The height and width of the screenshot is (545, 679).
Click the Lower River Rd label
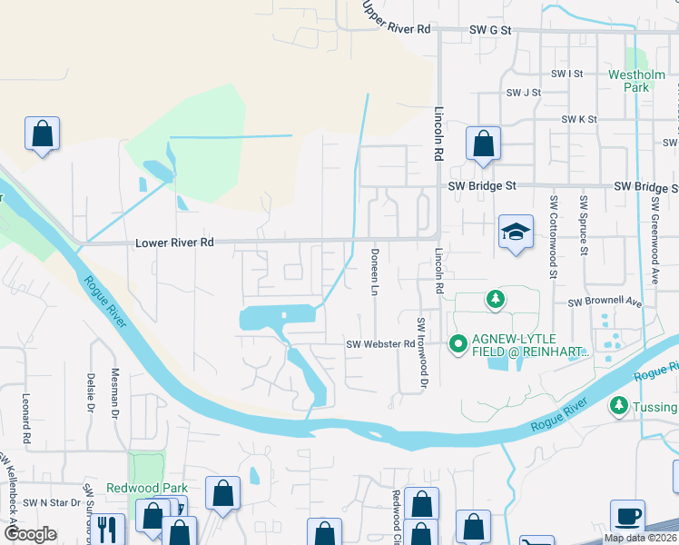[174, 243]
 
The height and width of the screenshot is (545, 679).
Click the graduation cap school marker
[516, 233]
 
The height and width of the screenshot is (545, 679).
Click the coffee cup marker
[627, 517]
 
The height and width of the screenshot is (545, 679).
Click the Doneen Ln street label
[374, 272]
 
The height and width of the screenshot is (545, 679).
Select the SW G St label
[491, 30]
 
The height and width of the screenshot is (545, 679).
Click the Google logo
[30, 534]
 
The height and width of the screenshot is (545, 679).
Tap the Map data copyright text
[640, 538]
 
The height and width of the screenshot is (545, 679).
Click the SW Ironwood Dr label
[422, 353]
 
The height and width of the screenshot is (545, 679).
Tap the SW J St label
[524, 93]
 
